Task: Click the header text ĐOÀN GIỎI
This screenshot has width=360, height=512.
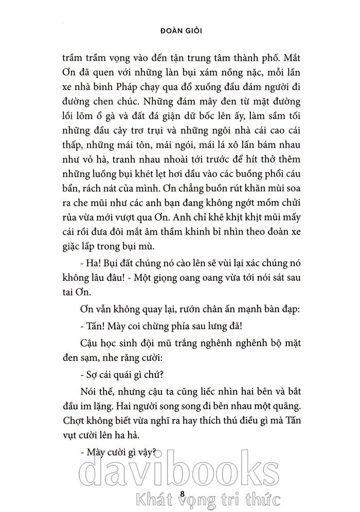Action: pyautogui.click(x=179, y=30)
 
